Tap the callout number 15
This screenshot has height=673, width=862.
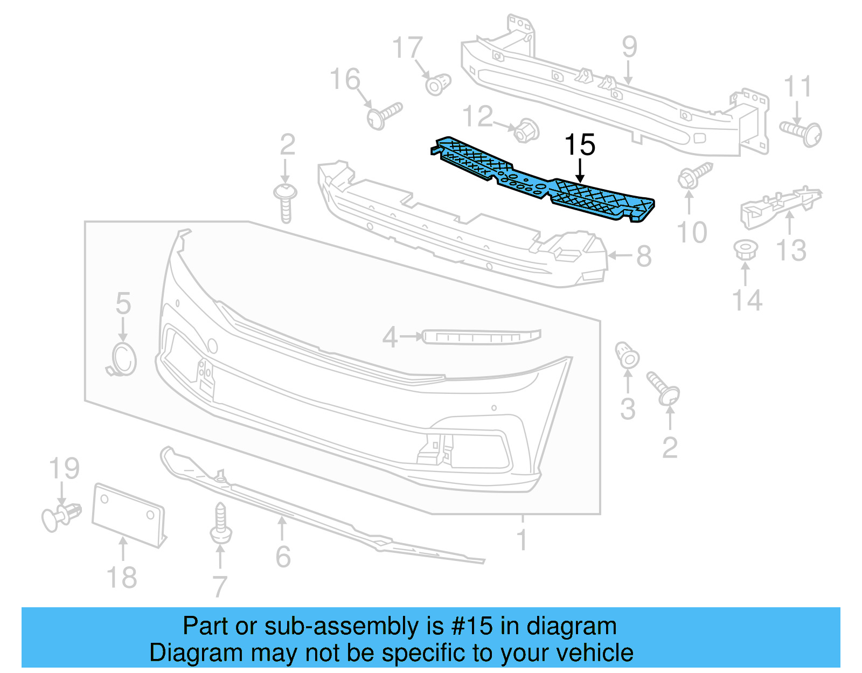pos(580,145)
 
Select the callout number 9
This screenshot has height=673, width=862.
pos(629,47)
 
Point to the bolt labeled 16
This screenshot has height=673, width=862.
pos(384,115)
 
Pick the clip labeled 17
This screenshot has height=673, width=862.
pos(437,84)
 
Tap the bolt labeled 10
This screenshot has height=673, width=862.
pos(694,176)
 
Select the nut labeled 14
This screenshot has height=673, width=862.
pos(746,250)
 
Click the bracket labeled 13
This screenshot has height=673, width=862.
pos(780,205)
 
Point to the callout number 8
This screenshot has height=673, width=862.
pos(644,256)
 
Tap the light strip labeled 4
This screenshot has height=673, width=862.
pos(481,337)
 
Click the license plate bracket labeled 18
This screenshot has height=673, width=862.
pos(128,515)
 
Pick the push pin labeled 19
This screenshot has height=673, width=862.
pos(60,516)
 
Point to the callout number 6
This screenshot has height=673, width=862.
pos(283,557)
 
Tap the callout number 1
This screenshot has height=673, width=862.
pos(522,539)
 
